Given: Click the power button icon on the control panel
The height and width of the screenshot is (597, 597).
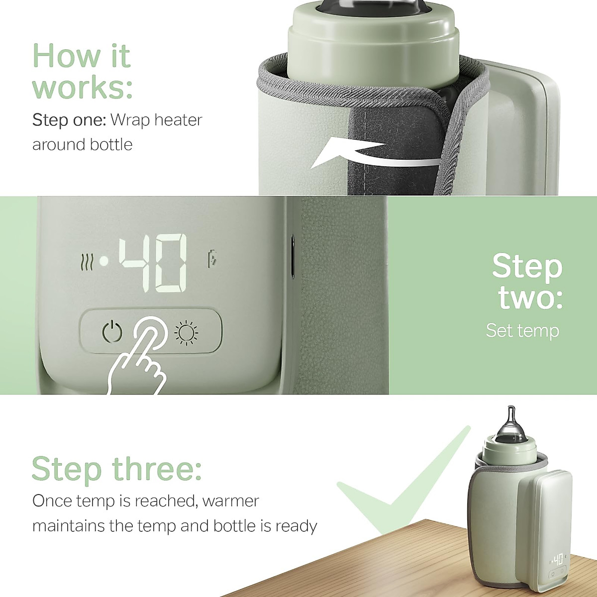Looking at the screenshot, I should pyautogui.click(x=112, y=332).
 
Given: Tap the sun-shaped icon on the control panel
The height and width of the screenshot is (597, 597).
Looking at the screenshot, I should pyautogui.click(x=187, y=332).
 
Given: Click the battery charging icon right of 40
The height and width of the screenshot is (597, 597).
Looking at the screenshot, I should pyautogui.click(x=212, y=259).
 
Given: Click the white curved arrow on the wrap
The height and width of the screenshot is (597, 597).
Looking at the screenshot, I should pyautogui.click(x=368, y=154).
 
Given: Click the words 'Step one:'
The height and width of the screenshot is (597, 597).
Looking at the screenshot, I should pyautogui.click(x=69, y=120).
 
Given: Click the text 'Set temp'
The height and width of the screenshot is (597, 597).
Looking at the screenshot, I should pyautogui.click(x=522, y=330).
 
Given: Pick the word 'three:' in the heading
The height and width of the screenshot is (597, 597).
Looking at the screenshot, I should pyautogui.click(x=157, y=468).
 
